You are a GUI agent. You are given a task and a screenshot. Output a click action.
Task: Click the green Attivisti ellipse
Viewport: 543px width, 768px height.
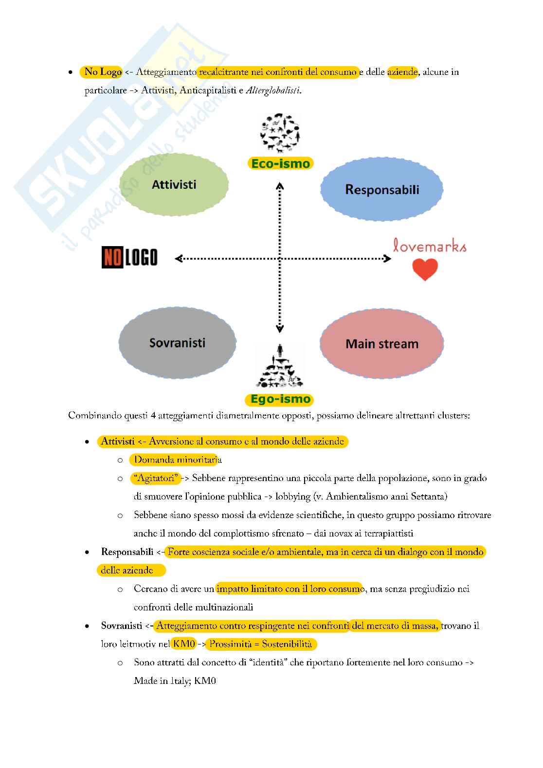(174, 185)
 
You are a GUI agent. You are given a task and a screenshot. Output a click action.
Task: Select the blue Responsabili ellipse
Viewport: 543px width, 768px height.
(381, 189)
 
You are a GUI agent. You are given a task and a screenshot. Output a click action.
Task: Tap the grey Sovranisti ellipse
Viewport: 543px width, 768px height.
(177, 342)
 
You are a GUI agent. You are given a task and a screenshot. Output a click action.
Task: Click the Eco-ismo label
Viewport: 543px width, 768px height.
(280, 163)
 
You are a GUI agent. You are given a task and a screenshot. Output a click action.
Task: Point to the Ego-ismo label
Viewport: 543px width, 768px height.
(280, 399)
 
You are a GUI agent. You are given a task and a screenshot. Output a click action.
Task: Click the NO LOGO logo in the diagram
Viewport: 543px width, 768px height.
(129, 257)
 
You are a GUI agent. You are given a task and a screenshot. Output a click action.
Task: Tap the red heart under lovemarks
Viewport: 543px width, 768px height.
(425, 269)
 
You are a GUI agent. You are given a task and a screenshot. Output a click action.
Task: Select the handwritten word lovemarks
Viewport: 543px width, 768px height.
(430, 246)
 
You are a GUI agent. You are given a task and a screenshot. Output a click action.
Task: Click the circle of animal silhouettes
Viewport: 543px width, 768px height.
(280, 133)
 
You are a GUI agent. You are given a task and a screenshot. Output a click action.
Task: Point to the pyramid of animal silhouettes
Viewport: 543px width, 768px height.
(280, 364)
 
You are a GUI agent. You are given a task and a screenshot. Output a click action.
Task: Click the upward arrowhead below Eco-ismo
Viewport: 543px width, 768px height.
(280, 186)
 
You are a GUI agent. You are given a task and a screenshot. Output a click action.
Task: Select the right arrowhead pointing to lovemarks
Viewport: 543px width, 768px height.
(388, 259)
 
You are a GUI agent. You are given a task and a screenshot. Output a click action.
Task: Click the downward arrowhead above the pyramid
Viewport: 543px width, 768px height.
(280, 329)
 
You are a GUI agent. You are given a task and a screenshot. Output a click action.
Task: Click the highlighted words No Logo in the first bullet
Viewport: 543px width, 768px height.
(103, 72)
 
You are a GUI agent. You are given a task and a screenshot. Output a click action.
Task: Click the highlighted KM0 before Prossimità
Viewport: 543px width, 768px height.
(184, 644)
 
